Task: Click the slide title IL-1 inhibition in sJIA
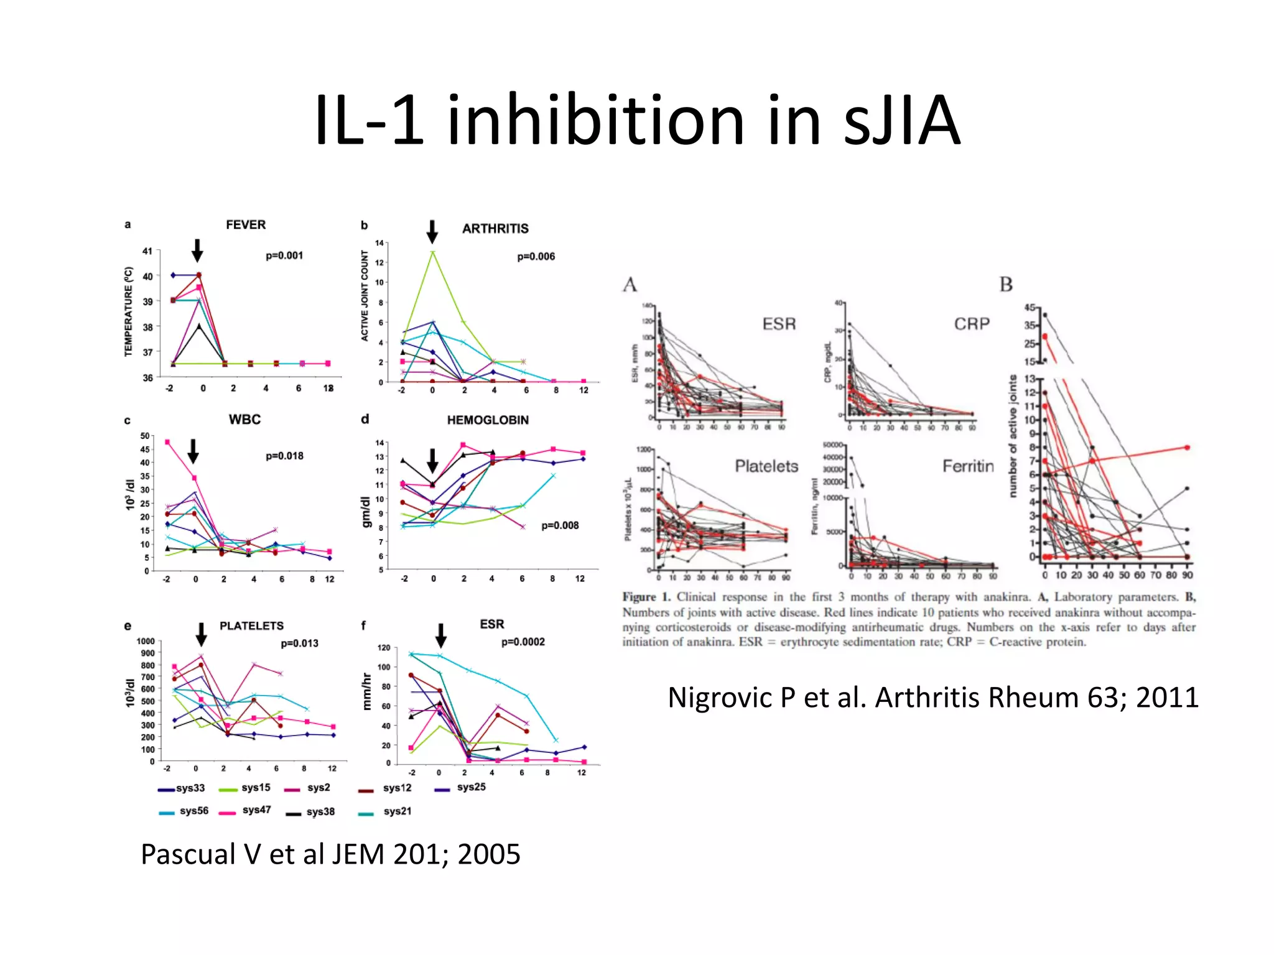pyautogui.click(x=637, y=120)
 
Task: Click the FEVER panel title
pyautogui.click(x=245, y=224)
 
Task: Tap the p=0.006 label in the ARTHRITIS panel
pyautogui.click(x=536, y=256)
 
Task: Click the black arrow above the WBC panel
pyautogui.click(x=193, y=451)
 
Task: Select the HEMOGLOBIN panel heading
pyautogui.click(x=488, y=420)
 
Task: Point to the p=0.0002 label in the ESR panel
pyautogui.click(x=523, y=642)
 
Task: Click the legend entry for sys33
pyautogui.click(x=182, y=788)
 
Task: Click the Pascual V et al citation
pyautogui.click(x=330, y=854)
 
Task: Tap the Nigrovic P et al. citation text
pyautogui.click(x=932, y=698)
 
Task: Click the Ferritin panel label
pyautogui.click(x=967, y=466)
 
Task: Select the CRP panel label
pyautogui.click(x=971, y=324)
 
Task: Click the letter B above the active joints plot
pyautogui.click(x=1005, y=285)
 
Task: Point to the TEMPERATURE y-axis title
pyautogui.click(x=129, y=311)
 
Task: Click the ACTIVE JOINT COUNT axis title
pyautogui.click(x=365, y=296)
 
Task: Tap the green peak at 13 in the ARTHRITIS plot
pyautogui.click(x=432, y=252)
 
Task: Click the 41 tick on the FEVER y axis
pyautogui.click(x=147, y=251)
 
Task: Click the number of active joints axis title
pyautogui.click(x=1013, y=436)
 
